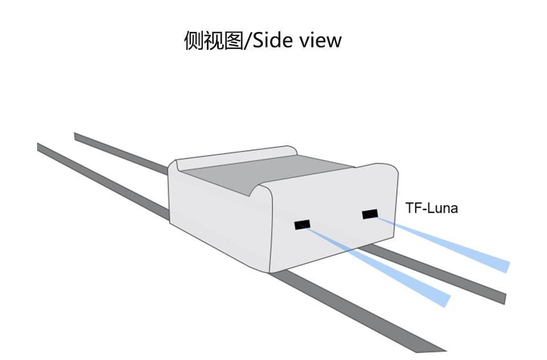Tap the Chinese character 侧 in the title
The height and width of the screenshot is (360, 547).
(x=194, y=40)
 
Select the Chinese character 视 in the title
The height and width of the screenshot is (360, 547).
(x=214, y=40)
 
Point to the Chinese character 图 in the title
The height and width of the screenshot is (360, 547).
(x=234, y=40)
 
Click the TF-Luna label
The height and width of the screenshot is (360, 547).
(x=431, y=208)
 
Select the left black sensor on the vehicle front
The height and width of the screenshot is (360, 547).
(x=302, y=225)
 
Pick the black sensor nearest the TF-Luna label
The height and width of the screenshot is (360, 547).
(x=370, y=214)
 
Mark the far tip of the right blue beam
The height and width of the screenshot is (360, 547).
(x=505, y=266)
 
